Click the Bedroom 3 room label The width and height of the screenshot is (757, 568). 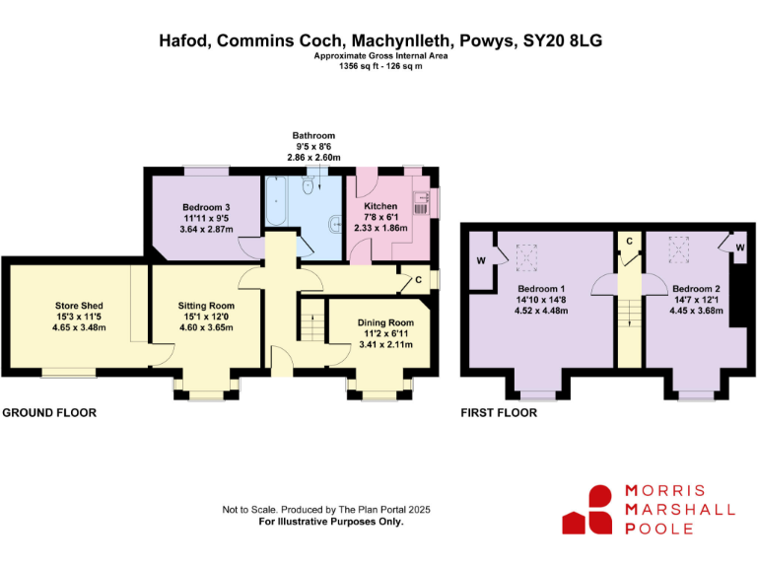(206, 207)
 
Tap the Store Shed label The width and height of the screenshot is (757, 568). (79, 306)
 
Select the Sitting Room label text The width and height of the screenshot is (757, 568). (206, 306)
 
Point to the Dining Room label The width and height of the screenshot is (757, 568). (385, 322)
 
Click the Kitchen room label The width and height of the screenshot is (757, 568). (380, 206)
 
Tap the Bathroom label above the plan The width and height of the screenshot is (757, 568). (313, 136)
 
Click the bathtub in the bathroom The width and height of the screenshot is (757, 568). (276, 201)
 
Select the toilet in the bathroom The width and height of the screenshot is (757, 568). (308, 184)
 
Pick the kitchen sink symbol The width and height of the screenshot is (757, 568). (421, 203)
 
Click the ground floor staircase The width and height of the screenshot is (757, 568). (312, 320)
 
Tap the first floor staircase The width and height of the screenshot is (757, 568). (630, 313)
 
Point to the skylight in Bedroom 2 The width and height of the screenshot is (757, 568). (678, 249)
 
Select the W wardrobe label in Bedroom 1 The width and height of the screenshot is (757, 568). (481, 261)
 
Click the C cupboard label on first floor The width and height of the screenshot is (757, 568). (629, 241)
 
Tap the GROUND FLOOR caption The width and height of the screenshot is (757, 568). (49, 413)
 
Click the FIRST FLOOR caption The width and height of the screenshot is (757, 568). (499, 413)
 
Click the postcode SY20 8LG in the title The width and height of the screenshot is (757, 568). (563, 40)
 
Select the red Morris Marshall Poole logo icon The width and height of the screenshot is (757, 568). (587, 510)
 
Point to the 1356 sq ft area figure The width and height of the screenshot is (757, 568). (356, 66)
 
